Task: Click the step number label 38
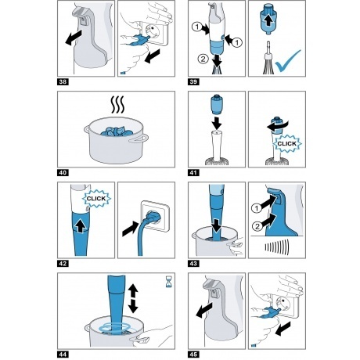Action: click(x=63, y=81)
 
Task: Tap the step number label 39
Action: click(x=193, y=81)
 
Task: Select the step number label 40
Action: click(x=63, y=172)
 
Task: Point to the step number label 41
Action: click(x=193, y=172)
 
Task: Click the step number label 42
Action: click(x=63, y=264)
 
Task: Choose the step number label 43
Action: click(x=193, y=264)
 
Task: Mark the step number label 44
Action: click(x=63, y=355)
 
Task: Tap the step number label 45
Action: click(x=193, y=355)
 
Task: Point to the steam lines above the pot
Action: click(x=117, y=105)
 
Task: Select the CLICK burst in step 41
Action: click(x=287, y=143)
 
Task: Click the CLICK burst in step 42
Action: click(x=96, y=199)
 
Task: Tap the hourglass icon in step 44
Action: click(x=169, y=282)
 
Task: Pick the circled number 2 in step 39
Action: click(x=203, y=59)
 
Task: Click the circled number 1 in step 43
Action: click(x=257, y=208)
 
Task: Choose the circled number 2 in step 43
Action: click(x=257, y=226)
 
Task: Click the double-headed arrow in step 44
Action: click(x=133, y=298)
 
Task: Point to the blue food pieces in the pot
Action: click(x=117, y=131)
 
